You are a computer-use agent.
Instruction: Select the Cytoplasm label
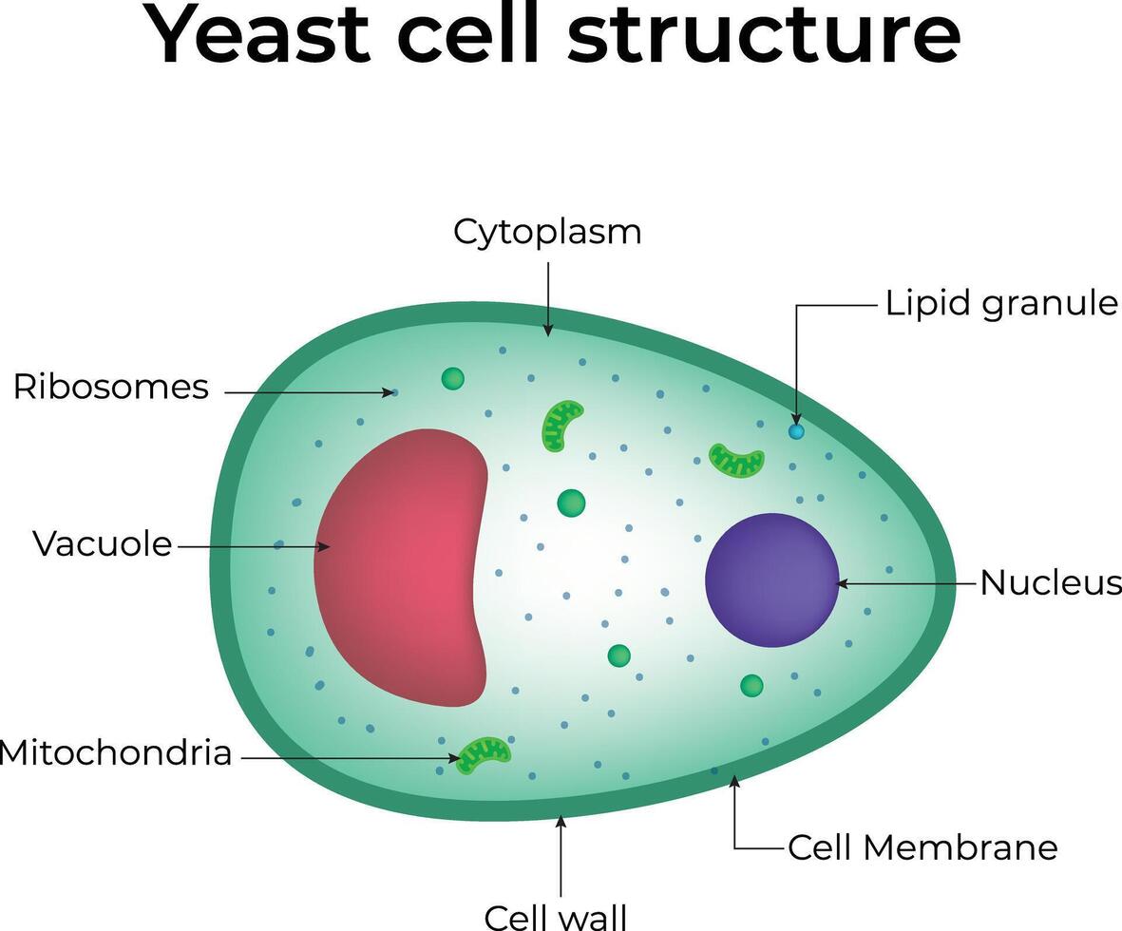[x=547, y=232]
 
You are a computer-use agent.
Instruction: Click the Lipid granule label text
[x=1001, y=304]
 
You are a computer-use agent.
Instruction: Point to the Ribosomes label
[x=111, y=388]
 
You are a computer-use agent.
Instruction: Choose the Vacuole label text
[x=103, y=544]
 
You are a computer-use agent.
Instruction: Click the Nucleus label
[x=1050, y=582]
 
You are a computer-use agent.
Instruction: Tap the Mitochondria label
[x=116, y=753]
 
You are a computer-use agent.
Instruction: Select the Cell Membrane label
[x=922, y=847]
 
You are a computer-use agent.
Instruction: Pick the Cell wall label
[x=556, y=917]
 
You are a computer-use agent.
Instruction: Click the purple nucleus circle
[x=771, y=580]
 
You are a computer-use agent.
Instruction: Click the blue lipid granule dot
[x=796, y=431]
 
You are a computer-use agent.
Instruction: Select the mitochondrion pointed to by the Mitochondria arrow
[x=485, y=754]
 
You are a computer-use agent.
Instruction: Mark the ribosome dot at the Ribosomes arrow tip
[x=395, y=391]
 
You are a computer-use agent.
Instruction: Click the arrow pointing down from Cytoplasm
[x=547, y=299]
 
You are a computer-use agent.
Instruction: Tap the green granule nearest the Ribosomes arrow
[x=453, y=379]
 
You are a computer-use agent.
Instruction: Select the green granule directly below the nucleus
[x=751, y=685]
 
